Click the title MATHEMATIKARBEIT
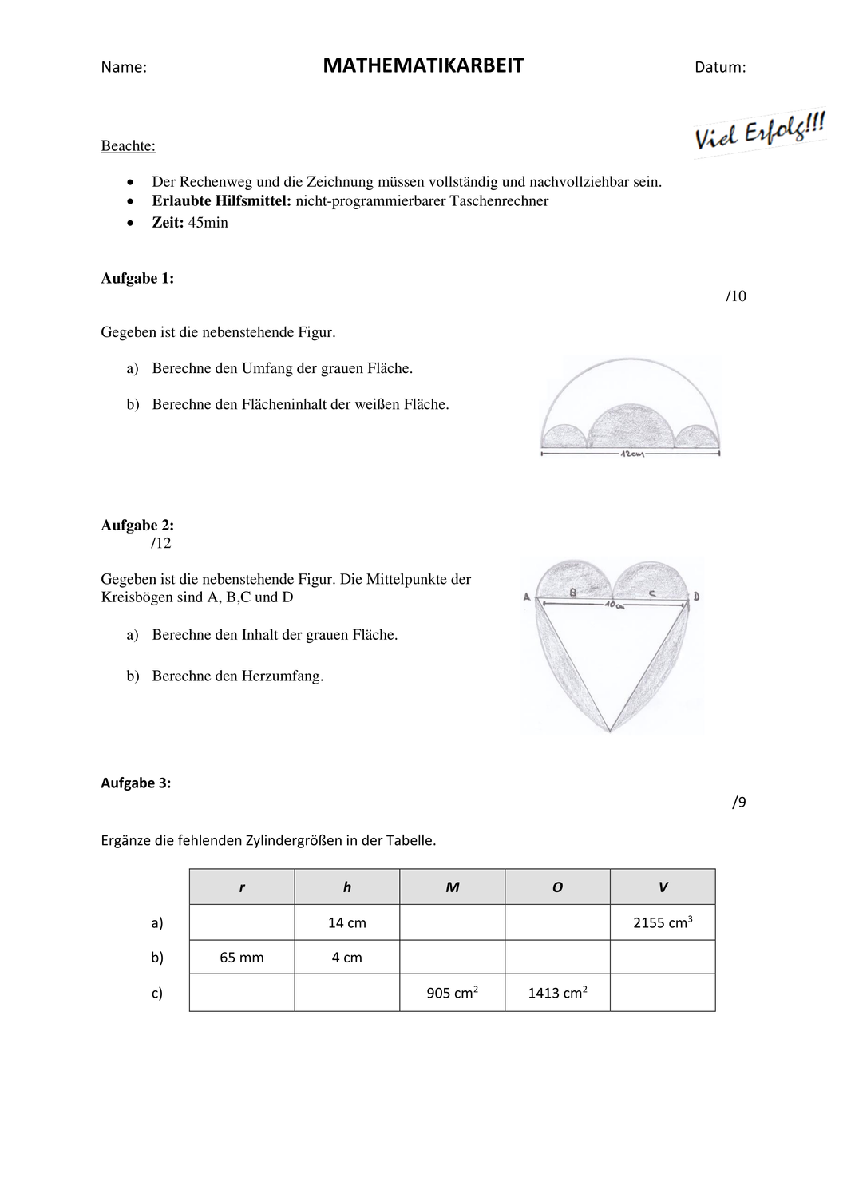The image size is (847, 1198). point(423,66)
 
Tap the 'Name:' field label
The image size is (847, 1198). point(124,68)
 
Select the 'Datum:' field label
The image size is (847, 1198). point(720,68)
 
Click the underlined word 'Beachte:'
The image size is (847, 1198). point(128,146)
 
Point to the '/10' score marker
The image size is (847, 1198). point(736,296)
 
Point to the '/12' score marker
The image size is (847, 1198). point(160,543)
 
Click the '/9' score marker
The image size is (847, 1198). point(739,803)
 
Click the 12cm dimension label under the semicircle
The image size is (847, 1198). point(631,454)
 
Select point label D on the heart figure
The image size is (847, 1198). point(696,596)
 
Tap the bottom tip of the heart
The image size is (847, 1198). point(609,730)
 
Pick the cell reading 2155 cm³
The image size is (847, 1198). point(663,922)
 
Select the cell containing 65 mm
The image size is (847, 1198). point(242,958)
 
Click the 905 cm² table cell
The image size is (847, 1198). point(453,994)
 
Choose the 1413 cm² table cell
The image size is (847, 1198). point(557,994)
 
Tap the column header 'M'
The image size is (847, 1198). point(453,887)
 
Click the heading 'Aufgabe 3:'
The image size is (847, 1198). point(136,783)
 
